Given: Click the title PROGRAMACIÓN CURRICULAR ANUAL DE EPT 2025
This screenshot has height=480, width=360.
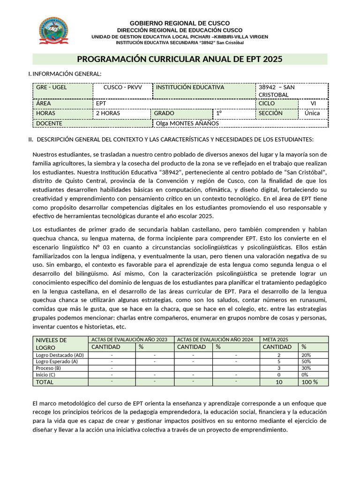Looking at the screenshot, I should pyautogui.click(x=180, y=59).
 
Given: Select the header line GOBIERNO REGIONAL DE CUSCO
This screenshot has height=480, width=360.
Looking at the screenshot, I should pyautogui.click(x=180, y=23).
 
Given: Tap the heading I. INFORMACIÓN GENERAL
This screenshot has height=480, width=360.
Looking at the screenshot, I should pyautogui.click(x=65, y=74).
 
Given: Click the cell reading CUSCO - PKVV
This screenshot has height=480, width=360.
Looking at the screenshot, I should pyautogui.click(x=122, y=87).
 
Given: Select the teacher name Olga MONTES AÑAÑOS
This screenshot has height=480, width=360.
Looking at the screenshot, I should pyautogui.click(x=187, y=123).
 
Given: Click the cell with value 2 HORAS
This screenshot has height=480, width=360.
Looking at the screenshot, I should pyautogui.click(x=108, y=113).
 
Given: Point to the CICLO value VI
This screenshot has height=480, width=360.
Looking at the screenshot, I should pyautogui.click(x=313, y=103).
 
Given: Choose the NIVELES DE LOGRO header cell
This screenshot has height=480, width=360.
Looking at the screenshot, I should pyautogui.click(x=52, y=344).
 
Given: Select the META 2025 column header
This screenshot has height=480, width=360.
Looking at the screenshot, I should pyautogui.click(x=276, y=339).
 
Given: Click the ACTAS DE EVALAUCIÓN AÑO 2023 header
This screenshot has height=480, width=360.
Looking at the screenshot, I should pyautogui.click(x=129, y=339).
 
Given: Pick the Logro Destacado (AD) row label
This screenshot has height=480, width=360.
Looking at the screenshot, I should pyautogui.click(x=60, y=355).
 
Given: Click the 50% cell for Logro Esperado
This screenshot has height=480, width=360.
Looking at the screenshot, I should pyautogui.click(x=306, y=361).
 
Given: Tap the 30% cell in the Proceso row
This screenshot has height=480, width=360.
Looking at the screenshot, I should pyautogui.click(x=306, y=368).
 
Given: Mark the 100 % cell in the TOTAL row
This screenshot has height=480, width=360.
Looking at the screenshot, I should pyautogui.click(x=309, y=382).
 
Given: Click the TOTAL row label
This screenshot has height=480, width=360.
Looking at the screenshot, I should pyautogui.click(x=45, y=382).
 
